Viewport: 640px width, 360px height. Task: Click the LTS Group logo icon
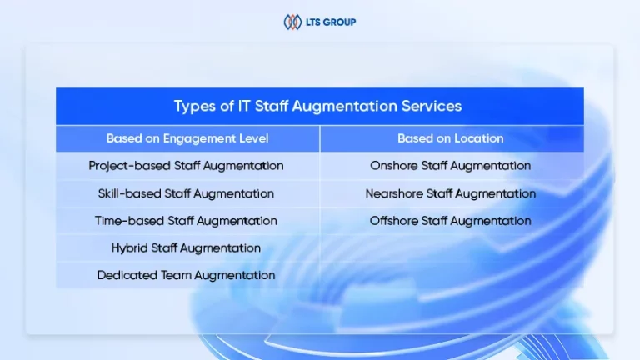292,22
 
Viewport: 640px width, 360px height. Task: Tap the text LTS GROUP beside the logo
331,22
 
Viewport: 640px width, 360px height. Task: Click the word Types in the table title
195,107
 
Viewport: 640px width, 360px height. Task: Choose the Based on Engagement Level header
187,138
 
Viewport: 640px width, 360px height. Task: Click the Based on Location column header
451,138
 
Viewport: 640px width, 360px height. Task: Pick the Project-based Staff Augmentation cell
186,166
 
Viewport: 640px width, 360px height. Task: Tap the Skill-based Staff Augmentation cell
186,193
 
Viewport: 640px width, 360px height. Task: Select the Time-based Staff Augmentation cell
186,221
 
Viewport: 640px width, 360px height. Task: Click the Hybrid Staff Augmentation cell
186,248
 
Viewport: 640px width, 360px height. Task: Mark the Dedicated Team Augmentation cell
186,276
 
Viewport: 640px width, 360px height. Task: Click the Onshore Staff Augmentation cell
451,166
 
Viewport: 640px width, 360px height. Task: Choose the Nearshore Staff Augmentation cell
451,193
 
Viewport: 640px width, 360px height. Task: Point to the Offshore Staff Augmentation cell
451,221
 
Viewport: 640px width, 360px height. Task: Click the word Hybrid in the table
129,248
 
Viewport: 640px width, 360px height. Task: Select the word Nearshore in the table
394,193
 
